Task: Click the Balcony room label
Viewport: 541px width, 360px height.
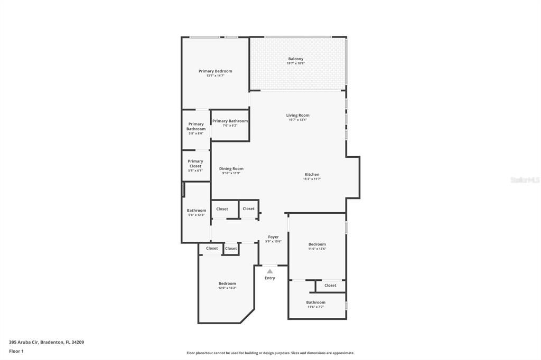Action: click(296, 59)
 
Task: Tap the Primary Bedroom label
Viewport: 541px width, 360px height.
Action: click(215, 71)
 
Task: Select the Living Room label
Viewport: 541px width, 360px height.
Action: click(297, 115)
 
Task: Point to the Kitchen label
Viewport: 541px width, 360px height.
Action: click(312, 175)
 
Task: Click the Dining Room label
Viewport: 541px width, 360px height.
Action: click(231, 169)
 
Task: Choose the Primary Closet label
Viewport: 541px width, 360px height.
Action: click(195, 164)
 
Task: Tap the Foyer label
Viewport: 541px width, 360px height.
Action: click(273, 237)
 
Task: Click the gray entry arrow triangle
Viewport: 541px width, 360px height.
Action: click(270, 271)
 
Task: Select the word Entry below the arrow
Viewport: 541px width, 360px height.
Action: click(270, 278)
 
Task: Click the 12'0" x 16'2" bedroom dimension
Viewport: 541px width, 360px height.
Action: click(227, 288)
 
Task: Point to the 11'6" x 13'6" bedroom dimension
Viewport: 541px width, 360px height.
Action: click(317, 249)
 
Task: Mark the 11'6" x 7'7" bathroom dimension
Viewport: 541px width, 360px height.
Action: click(315, 307)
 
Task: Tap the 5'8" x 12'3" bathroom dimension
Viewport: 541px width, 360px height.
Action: click(197, 215)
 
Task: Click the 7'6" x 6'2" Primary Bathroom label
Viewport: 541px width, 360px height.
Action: click(230, 121)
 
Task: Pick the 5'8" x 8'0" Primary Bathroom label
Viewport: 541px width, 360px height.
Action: click(196, 127)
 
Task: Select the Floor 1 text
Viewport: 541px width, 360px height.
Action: click(16, 351)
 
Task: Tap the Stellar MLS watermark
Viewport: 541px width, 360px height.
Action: click(525, 180)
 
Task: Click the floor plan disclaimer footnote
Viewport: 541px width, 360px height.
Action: click(270, 353)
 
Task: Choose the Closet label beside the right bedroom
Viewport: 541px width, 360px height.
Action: click(330, 286)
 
